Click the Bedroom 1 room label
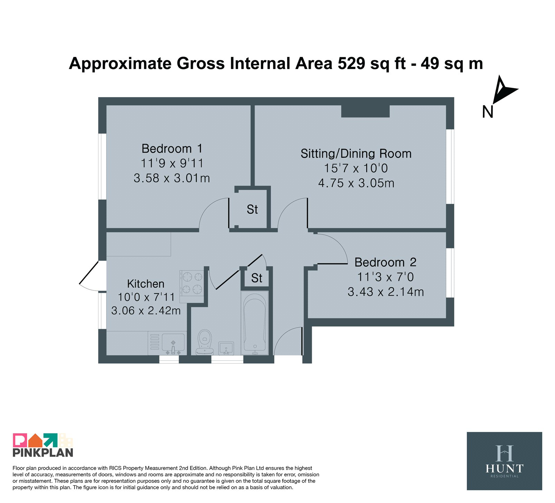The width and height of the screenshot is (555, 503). (172, 148)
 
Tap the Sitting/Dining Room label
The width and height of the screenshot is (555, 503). (356, 154)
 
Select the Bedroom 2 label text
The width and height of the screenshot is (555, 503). (385, 262)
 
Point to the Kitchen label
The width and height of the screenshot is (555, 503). (146, 284)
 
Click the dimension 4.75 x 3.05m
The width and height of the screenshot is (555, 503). (356, 183)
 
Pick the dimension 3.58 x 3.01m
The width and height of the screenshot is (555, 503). (172, 178)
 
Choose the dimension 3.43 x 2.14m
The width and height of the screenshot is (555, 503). (386, 292)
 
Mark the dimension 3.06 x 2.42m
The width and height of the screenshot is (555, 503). (146, 310)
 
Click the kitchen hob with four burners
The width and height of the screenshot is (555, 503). (192, 283)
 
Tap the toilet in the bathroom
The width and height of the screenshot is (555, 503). (205, 342)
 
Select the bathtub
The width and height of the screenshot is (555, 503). (255, 323)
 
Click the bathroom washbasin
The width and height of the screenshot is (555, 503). (226, 348)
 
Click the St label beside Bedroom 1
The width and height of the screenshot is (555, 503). (252, 210)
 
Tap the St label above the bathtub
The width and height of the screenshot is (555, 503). (257, 278)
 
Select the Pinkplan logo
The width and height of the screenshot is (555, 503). (43, 445)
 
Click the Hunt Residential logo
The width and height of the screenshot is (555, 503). (504, 461)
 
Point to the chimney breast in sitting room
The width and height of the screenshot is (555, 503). (366, 111)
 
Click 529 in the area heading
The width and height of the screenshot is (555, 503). (351, 63)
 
